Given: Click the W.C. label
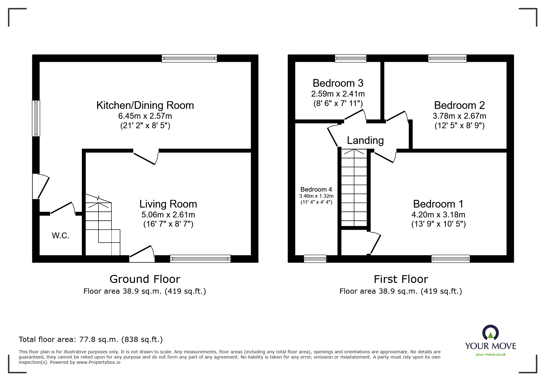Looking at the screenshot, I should coord(60,236).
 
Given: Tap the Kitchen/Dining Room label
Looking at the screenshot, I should coord(145,105).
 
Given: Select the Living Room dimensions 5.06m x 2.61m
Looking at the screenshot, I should coord(168,215).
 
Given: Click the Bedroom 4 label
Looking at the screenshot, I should coord(316,189).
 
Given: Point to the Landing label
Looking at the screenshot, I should coord(365,141).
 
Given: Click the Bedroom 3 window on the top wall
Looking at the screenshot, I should coord(351,58).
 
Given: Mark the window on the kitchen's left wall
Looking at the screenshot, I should coord(36,118).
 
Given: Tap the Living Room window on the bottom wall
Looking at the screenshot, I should coord(200,259).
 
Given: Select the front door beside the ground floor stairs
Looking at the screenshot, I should coord(142,255).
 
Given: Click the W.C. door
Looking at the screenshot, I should coord(63,208).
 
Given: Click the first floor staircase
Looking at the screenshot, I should coord(354,188).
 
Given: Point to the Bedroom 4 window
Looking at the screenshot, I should coord(315,259).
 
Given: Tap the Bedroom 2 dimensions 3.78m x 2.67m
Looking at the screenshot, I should coord(459,116).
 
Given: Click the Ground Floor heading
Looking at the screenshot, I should coord(145,279).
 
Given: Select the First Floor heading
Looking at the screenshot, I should coord(401,279).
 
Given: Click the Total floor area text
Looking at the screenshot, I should coord(91,339).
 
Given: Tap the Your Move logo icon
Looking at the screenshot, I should coord(490,333).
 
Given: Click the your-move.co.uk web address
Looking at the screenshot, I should coord(491,355).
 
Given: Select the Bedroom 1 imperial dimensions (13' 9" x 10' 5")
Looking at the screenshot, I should coord(438,224).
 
